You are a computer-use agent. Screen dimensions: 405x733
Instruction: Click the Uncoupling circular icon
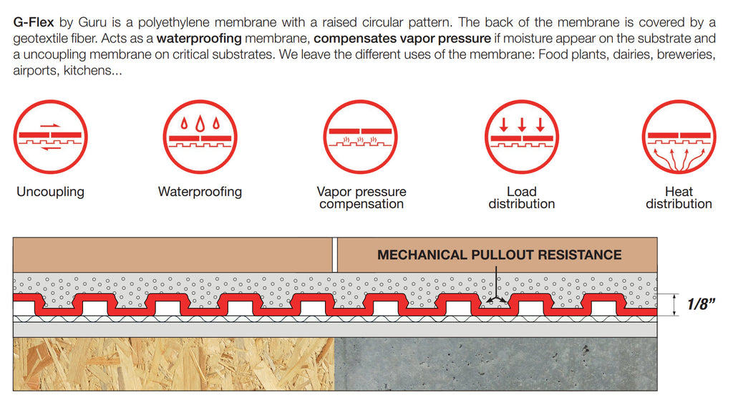(x=50, y=138)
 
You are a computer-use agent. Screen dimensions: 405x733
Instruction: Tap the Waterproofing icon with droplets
(x=200, y=138)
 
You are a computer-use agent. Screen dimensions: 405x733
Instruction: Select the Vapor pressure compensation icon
(x=361, y=138)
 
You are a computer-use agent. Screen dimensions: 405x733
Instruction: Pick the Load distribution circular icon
(x=521, y=138)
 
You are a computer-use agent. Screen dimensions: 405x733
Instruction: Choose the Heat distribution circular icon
(x=679, y=138)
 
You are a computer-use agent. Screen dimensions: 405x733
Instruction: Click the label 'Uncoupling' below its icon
(x=50, y=192)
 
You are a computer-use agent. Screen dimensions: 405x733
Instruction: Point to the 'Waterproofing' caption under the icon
(x=200, y=192)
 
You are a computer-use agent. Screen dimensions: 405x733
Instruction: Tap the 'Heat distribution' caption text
(x=679, y=197)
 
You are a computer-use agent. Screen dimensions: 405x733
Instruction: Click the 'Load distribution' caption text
(x=521, y=197)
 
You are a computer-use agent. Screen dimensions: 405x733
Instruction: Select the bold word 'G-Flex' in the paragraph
(x=34, y=22)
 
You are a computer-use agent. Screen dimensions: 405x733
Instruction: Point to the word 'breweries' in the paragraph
(x=686, y=54)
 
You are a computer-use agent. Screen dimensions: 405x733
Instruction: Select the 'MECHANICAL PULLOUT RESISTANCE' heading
(x=499, y=255)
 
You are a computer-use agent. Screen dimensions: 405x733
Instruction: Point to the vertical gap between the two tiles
(x=334, y=255)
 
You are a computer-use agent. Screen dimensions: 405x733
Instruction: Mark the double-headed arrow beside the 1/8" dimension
(x=675, y=305)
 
